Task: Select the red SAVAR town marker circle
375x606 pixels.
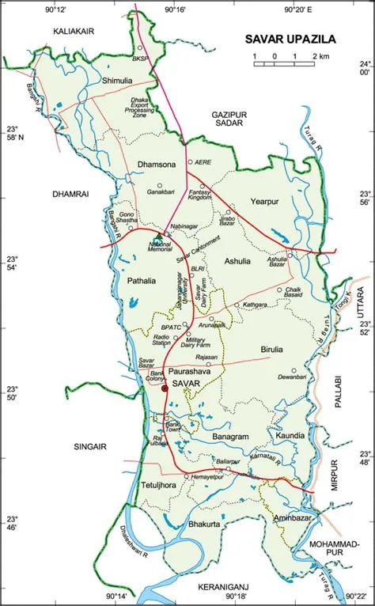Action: click(165, 388)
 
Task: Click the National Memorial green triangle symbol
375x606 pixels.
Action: click(158, 236)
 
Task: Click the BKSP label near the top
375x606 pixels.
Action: click(141, 59)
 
